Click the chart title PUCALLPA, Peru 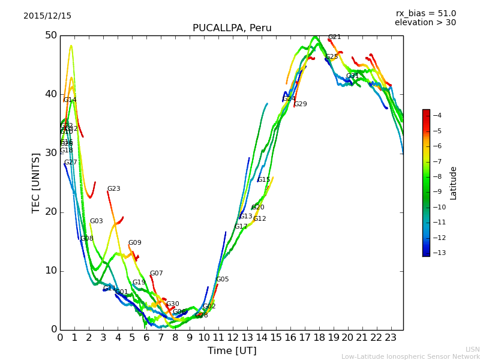click(232, 28)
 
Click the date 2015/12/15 click(47, 16)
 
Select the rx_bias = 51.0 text click(425, 14)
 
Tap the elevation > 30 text click(425, 23)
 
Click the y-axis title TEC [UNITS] click(36, 182)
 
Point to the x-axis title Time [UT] click(232, 351)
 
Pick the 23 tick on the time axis click(391, 338)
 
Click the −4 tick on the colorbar click(437, 115)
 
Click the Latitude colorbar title click(454, 183)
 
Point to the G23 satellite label click(113, 189)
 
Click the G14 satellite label click(70, 100)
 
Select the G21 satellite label click(334, 37)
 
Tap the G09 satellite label click(134, 243)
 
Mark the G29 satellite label click(300, 104)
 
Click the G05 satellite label click(222, 280)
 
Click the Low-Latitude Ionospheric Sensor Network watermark click(410, 357)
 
